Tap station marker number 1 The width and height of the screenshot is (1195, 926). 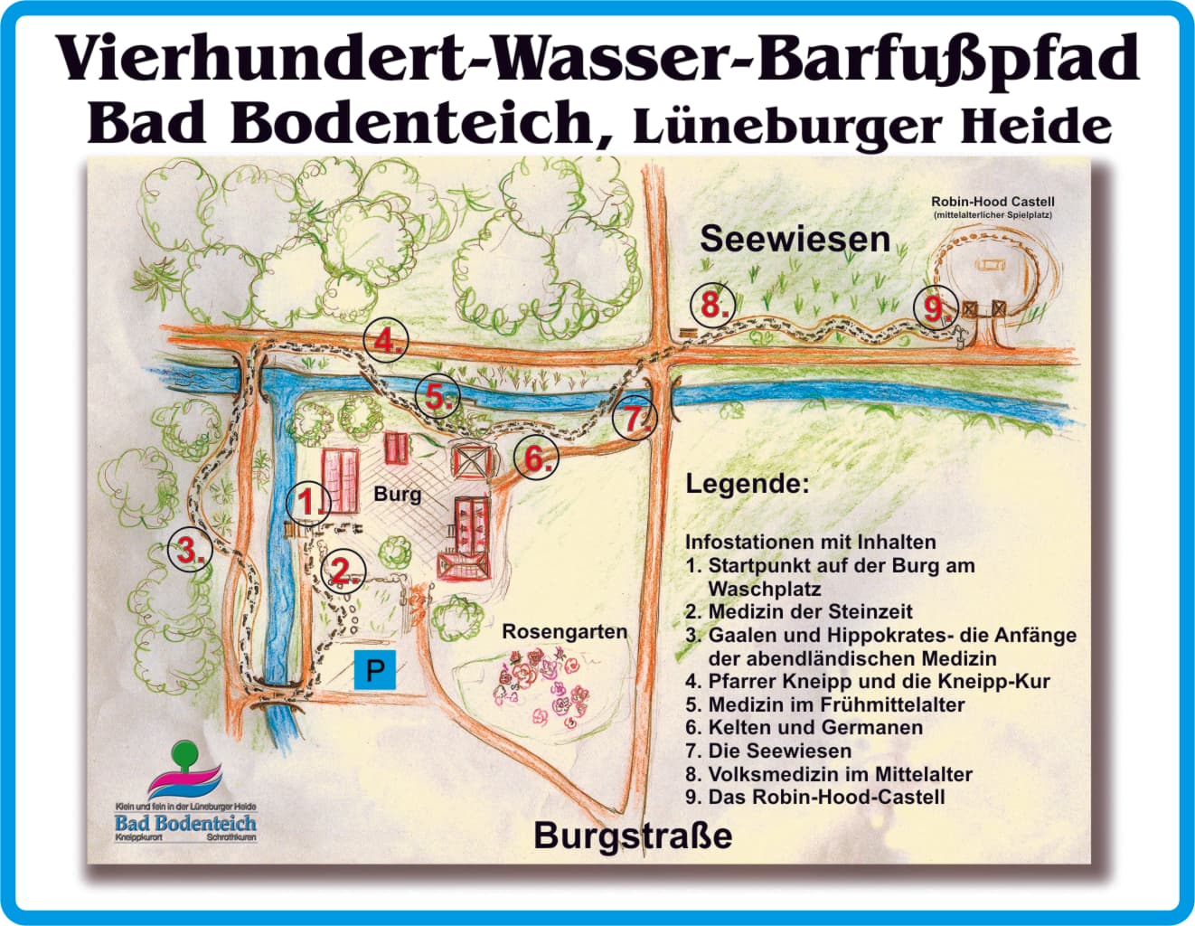pos(307,502)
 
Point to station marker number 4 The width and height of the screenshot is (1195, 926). pos(386,341)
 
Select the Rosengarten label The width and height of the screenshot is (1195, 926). pos(564,631)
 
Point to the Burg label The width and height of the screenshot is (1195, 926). pos(397,494)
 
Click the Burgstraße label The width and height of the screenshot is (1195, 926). pos(633,835)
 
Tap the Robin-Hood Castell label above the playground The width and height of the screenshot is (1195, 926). pos(993,202)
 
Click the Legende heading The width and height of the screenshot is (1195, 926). pos(747,483)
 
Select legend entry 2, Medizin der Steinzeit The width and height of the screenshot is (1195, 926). pos(799,611)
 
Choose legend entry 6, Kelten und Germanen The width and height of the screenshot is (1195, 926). pos(805,727)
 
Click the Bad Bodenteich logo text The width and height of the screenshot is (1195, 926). pos(185,823)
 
